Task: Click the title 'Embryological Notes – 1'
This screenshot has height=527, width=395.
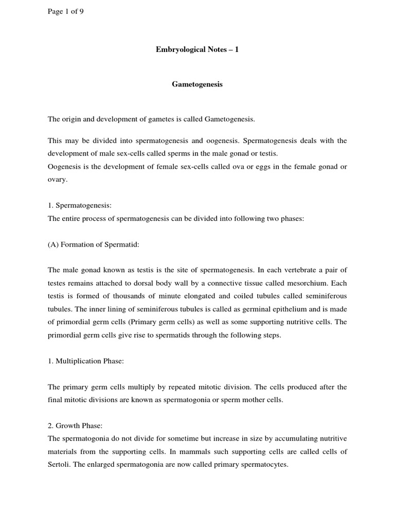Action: pyautogui.click(x=197, y=49)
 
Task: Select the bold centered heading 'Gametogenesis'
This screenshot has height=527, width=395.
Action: pyautogui.click(x=197, y=84)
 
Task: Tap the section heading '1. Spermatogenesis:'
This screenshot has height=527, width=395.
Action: pyautogui.click(x=79, y=205)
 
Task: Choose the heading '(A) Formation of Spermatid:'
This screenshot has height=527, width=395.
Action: pyautogui.click(x=93, y=245)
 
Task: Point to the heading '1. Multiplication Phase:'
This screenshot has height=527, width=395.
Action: pyautogui.click(x=86, y=361)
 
